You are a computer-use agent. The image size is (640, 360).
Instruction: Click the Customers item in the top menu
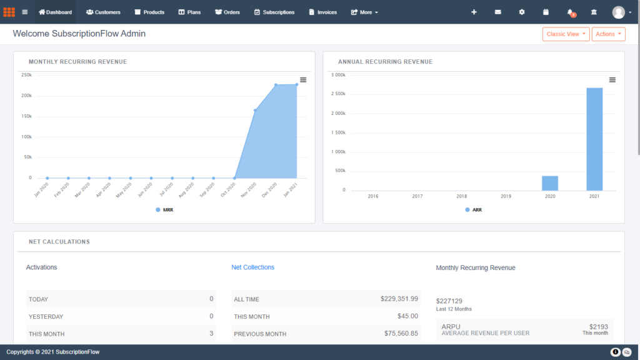tap(103, 12)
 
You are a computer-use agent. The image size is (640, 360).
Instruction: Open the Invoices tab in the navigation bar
tap(322, 12)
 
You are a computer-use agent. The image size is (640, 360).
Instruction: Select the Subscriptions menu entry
tap(274, 12)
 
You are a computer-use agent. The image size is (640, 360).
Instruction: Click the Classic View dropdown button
tap(566, 34)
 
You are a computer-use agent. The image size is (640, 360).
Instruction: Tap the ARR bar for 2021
tap(594, 139)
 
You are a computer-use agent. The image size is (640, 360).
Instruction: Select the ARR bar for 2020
tap(550, 183)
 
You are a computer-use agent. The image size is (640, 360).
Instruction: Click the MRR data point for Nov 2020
tap(255, 110)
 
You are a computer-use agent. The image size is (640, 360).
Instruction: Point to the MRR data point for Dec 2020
tap(276, 85)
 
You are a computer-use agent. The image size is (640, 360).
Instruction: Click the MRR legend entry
tap(164, 210)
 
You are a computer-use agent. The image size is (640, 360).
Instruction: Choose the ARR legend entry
tap(473, 210)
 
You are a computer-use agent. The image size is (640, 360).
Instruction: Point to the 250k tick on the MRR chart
tap(26, 75)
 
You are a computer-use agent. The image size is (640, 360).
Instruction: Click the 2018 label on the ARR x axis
tap(461, 196)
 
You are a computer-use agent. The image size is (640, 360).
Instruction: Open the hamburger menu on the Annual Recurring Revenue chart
tap(612, 79)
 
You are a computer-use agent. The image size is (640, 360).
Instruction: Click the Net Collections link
tap(252, 267)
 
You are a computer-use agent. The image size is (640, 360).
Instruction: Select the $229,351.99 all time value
tap(399, 299)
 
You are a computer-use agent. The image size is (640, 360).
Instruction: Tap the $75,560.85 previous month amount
tap(401, 334)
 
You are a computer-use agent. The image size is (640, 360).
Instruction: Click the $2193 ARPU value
tap(598, 327)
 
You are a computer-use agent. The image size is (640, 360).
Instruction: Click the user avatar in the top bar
tap(619, 12)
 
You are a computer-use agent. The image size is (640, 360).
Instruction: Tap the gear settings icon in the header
tap(522, 12)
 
